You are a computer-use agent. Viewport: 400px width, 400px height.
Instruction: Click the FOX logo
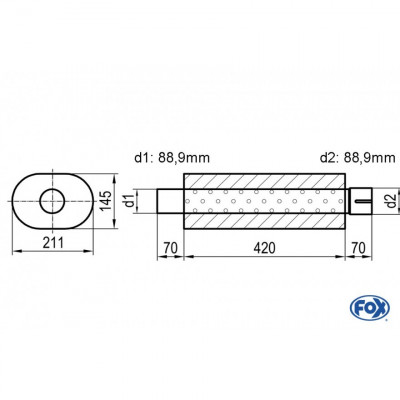point(370,308)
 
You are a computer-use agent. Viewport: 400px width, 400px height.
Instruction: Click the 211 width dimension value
point(53,242)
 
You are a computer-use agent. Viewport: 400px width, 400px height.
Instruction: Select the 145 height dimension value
point(106,201)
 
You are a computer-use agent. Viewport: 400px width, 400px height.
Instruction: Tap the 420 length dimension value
point(264,248)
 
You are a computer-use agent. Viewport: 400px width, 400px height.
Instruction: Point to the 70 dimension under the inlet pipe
point(171,248)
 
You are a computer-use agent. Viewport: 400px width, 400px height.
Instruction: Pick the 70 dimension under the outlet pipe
point(358,248)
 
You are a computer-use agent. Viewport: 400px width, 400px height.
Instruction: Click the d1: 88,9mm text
point(172,158)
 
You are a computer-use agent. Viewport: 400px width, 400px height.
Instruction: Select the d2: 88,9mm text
point(357,158)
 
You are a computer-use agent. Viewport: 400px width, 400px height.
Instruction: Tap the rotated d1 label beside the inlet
point(130,201)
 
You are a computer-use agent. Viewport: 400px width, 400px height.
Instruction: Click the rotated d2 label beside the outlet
point(392,201)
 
